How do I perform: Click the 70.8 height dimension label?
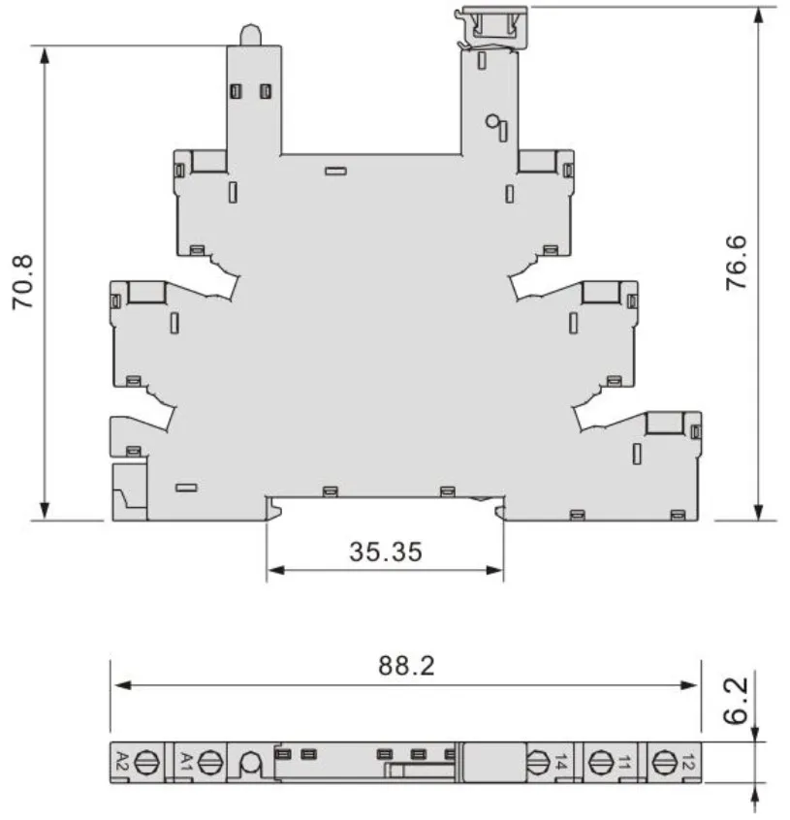[x=23, y=282]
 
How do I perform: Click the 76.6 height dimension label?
[x=736, y=263]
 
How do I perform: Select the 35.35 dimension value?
[x=386, y=552]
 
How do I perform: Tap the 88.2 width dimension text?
[x=406, y=666]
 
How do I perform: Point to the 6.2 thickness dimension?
[x=736, y=701]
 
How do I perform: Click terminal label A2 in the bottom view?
[x=122, y=761]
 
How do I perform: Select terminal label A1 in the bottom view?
[x=186, y=761]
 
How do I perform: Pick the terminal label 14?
[x=560, y=762]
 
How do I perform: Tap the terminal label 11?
[x=623, y=762]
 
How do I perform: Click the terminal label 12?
[x=688, y=762]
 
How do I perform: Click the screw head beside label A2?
[x=147, y=763]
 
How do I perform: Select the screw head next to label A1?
[x=210, y=763]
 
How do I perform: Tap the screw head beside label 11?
[x=601, y=763]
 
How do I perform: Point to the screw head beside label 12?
[x=665, y=763]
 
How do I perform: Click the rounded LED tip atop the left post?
[x=250, y=35]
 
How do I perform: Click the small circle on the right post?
[x=491, y=121]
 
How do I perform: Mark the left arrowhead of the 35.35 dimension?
[x=275, y=570]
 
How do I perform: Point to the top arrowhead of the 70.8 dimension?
[x=45, y=55]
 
